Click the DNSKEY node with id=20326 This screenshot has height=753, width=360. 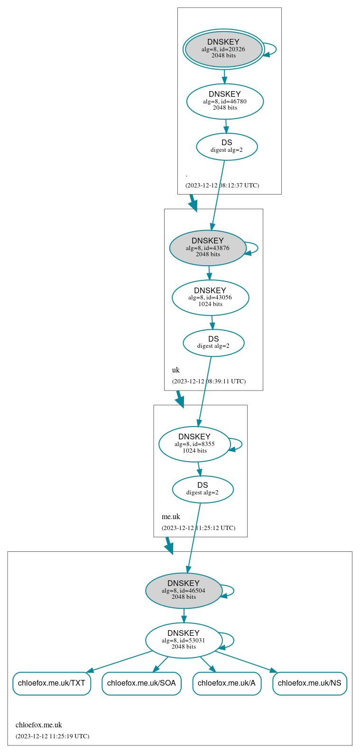point(223,49)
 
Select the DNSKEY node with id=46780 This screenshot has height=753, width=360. point(225,101)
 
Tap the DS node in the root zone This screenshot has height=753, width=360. point(227,147)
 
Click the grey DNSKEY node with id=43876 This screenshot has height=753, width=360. point(208,248)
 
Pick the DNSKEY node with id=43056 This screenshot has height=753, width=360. point(210,297)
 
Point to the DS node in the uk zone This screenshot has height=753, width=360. point(213,343)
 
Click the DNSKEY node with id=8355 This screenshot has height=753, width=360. point(194,444)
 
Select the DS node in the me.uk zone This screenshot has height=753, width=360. point(203,489)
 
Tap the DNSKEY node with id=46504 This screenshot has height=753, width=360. point(184,591)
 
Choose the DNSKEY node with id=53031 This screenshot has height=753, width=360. point(184,640)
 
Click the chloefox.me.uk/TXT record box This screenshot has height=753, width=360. point(52,683)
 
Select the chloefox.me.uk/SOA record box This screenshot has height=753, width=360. point(141,683)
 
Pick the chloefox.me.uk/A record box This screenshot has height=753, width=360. point(227,683)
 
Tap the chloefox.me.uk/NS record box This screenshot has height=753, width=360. point(309,683)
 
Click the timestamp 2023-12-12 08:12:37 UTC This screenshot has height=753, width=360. point(222,186)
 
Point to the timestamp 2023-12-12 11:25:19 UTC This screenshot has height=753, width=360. point(52,736)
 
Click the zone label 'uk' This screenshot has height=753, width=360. point(175,370)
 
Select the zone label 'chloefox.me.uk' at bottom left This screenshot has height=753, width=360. point(39,725)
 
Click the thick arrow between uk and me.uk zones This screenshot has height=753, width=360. point(179,398)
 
